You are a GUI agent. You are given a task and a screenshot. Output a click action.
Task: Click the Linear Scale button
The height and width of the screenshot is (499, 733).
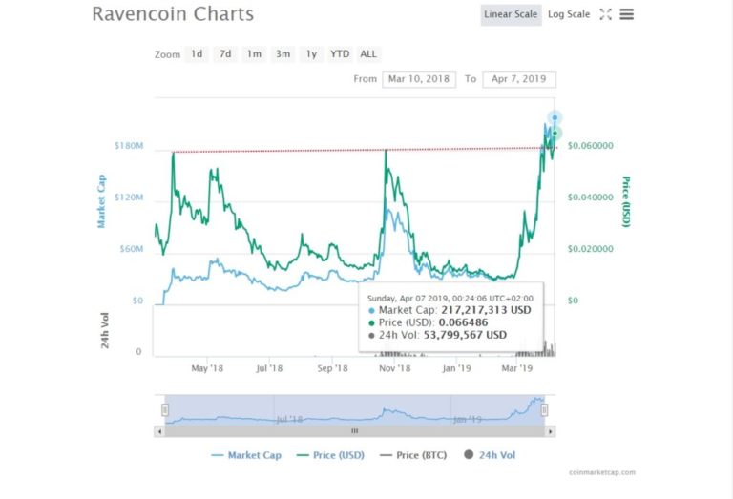[511, 14]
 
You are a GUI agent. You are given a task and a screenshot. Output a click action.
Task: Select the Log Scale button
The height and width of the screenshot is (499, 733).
[568, 14]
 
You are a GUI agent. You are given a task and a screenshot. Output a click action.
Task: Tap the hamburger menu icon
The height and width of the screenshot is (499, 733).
[626, 14]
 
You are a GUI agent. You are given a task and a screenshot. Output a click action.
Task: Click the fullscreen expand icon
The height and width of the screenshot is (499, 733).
[605, 14]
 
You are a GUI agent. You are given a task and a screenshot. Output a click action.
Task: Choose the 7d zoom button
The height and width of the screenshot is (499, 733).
[225, 54]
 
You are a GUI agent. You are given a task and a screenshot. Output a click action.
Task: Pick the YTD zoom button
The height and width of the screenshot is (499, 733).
[340, 54]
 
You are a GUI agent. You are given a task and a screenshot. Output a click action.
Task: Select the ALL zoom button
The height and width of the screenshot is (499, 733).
[368, 54]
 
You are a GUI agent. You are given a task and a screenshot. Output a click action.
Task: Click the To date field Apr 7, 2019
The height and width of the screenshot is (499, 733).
[519, 79]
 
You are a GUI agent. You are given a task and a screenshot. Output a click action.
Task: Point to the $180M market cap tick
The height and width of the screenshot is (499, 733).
[128, 146]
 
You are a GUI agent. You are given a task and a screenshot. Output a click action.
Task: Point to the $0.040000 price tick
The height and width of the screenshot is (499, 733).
[590, 198]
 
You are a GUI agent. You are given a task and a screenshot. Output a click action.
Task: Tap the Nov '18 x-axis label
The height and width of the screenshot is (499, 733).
[393, 367]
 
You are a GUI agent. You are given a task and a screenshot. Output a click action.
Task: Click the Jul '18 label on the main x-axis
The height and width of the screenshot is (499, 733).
[269, 367]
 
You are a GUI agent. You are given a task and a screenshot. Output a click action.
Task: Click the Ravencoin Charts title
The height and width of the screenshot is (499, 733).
[173, 14]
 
